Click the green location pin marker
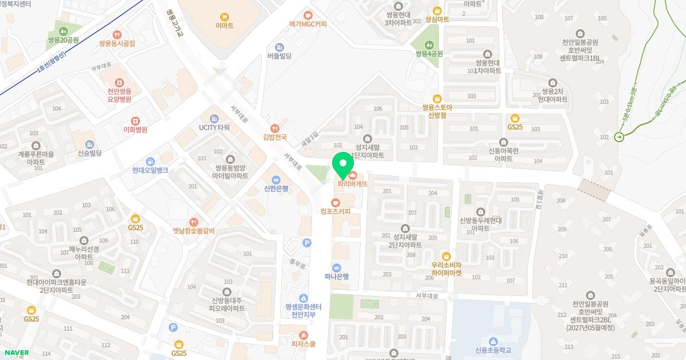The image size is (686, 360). pos(342,163)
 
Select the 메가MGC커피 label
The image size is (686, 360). pos(308,24)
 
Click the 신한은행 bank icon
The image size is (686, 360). pos(276,179)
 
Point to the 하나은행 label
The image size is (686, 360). pos(336,277)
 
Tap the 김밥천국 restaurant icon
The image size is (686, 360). pos(274,128)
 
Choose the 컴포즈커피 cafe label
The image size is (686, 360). pos(336,211)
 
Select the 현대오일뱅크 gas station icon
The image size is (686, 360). pos(150,161)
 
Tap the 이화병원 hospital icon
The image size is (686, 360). pos(135,121)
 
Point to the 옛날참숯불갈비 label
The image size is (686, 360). pos(193,231)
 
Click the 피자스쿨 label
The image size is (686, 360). pos(304,344)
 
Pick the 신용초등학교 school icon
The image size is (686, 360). pos(492,341)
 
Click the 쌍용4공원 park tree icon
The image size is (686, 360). pos(429,44)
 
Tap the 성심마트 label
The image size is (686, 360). pos(437,19)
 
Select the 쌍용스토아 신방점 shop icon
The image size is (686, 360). pos(437,98)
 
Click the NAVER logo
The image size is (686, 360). pos(17,353)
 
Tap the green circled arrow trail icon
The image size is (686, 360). pos(619,137)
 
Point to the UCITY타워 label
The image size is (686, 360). pos(214,127)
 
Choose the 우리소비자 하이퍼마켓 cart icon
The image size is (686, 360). pos(446,256)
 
